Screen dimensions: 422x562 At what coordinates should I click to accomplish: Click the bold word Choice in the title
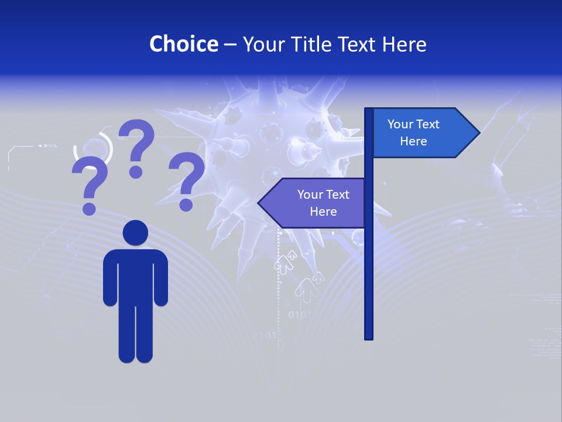183,44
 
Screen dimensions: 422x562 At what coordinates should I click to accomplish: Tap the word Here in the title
404,44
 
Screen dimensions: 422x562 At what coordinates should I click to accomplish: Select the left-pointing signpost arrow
313,203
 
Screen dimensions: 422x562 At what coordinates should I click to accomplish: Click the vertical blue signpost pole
369,264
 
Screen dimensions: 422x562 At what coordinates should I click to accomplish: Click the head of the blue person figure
135,233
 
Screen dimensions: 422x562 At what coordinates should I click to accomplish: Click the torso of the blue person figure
135,275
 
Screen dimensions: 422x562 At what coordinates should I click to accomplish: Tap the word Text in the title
358,44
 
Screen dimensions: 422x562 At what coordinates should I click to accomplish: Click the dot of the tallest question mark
136,172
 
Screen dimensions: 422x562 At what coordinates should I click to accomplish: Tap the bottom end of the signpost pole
369,337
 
